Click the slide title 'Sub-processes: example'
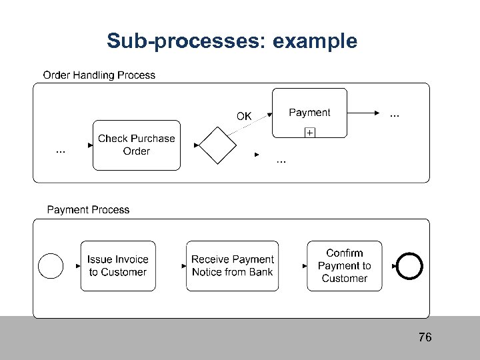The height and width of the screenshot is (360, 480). click(x=232, y=41)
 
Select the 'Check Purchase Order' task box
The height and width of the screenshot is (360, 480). click(x=136, y=145)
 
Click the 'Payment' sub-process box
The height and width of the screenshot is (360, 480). click(x=309, y=113)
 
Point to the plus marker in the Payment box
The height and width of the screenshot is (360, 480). click(x=310, y=133)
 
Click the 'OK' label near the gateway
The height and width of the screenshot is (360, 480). click(x=244, y=116)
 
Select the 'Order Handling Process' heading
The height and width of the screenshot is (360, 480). click(x=99, y=75)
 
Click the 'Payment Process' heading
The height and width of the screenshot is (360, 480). click(x=88, y=210)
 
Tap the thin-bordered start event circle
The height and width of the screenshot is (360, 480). click(x=51, y=266)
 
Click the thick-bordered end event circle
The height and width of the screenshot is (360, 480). click(x=410, y=266)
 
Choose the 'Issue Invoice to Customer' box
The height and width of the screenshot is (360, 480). click(x=118, y=266)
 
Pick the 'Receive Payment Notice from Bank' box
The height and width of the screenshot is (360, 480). click(x=233, y=266)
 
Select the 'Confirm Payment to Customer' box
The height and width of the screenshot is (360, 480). click(x=345, y=266)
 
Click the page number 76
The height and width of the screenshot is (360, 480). click(x=425, y=337)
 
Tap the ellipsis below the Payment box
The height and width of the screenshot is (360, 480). click(x=281, y=161)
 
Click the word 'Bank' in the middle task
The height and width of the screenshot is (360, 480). click(x=260, y=272)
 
